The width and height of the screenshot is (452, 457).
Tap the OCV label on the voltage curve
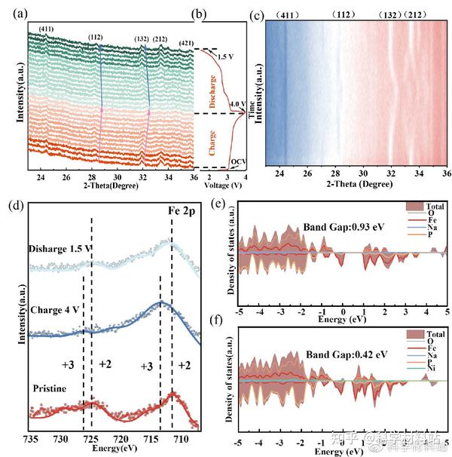(x=238, y=161)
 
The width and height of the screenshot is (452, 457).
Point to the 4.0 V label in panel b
(x=236, y=105)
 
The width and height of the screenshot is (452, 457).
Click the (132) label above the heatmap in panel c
(x=394, y=15)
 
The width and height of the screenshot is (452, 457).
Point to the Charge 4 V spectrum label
(x=59, y=311)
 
